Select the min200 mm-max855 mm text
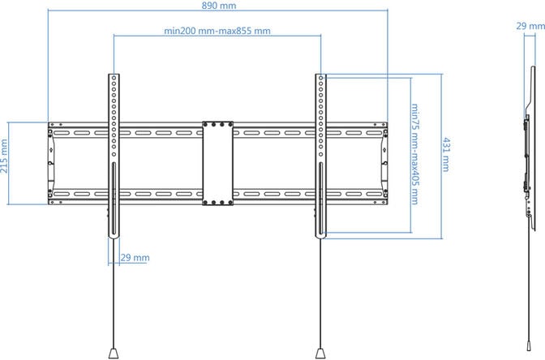pyautogui.click(x=217, y=31)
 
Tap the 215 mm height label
pyautogui.click(x=6, y=162)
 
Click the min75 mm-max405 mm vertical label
pyautogui.click(x=414, y=154)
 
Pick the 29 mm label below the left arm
pyautogui.click(x=135, y=257)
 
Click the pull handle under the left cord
pyautogui.click(x=114, y=353)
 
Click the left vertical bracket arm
pyautogui.click(x=114, y=154)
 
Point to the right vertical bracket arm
pyautogui.click(x=322, y=154)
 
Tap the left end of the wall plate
pyautogui.click(x=52, y=162)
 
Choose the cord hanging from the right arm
pyautogui.click(x=322, y=292)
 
